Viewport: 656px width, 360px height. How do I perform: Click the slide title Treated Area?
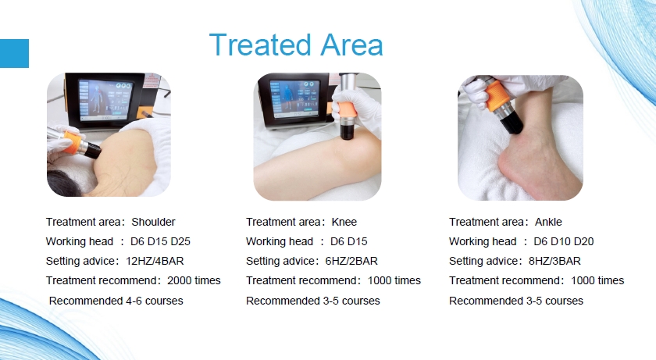[x=296, y=45]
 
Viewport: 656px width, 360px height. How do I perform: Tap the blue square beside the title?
[x=14, y=53]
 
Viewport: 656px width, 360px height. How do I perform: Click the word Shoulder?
[x=153, y=222]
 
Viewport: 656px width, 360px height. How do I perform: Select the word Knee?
[x=344, y=222]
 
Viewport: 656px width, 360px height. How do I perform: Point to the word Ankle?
[x=548, y=222]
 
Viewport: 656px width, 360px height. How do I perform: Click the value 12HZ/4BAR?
[x=155, y=262]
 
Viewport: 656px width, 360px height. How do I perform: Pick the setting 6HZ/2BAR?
[x=351, y=262]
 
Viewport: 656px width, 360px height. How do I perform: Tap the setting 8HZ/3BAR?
[x=554, y=262]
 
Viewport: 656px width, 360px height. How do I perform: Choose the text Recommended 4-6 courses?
[x=116, y=301]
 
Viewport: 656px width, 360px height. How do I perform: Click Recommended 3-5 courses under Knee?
[x=313, y=301]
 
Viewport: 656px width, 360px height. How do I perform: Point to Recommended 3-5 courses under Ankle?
[x=516, y=301]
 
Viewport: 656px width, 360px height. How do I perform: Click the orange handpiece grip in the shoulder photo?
[x=72, y=141]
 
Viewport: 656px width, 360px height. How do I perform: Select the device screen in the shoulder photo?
[x=105, y=99]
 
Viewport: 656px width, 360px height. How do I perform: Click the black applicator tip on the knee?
[x=348, y=129]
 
